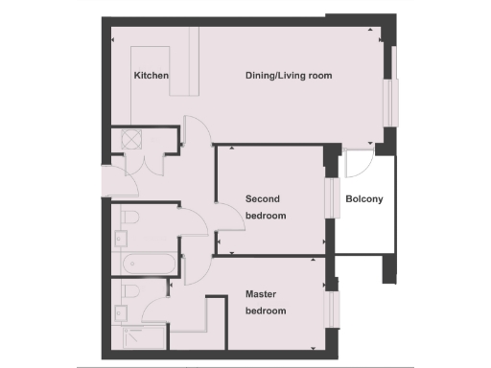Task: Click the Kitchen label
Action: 152,76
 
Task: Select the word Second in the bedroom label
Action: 263,199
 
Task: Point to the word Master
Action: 262,294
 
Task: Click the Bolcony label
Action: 364,199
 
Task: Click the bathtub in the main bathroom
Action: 144,264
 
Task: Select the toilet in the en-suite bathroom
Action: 130,291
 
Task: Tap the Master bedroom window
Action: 333,308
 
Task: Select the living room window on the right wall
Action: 392,101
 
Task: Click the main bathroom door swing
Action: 194,222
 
